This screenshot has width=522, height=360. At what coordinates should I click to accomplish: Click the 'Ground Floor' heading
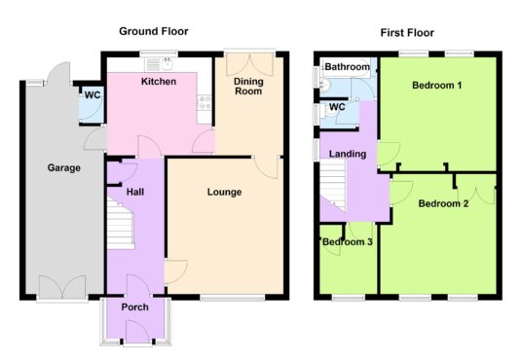[x=154, y=31]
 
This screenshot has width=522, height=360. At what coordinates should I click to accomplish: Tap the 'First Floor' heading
[x=407, y=33]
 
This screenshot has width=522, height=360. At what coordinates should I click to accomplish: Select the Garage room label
[x=64, y=167]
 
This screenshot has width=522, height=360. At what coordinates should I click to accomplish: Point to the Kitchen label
[x=159, y=82]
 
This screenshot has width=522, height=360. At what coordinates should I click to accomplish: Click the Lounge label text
[x=224, y=192]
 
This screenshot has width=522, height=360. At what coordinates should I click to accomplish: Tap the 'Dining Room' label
[x=248, y=87]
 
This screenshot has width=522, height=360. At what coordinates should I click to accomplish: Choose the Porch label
[x=134, y=307]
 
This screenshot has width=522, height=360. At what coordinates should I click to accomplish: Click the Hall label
[x=135, y=192]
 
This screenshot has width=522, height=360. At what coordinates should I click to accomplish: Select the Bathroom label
[x=348, y=67]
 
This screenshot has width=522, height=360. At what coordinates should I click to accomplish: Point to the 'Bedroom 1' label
[x=436, y=86]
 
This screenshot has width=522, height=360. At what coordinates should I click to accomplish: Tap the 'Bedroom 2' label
[x=443, y=203]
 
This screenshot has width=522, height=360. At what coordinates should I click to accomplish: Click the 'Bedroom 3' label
[x=348, y=242]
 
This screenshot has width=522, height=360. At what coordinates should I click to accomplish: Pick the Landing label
[x=348, y=154]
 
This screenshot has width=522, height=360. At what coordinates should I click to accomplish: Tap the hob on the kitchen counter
[x=205, y=102]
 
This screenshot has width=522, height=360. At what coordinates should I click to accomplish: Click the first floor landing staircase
[x=333, y=185]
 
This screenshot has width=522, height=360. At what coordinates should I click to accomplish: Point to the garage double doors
[x=62, y=287]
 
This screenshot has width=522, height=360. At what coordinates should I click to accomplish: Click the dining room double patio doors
[x=249, y=65]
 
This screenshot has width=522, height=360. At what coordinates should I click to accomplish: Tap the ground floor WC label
[x=93, y=95]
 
